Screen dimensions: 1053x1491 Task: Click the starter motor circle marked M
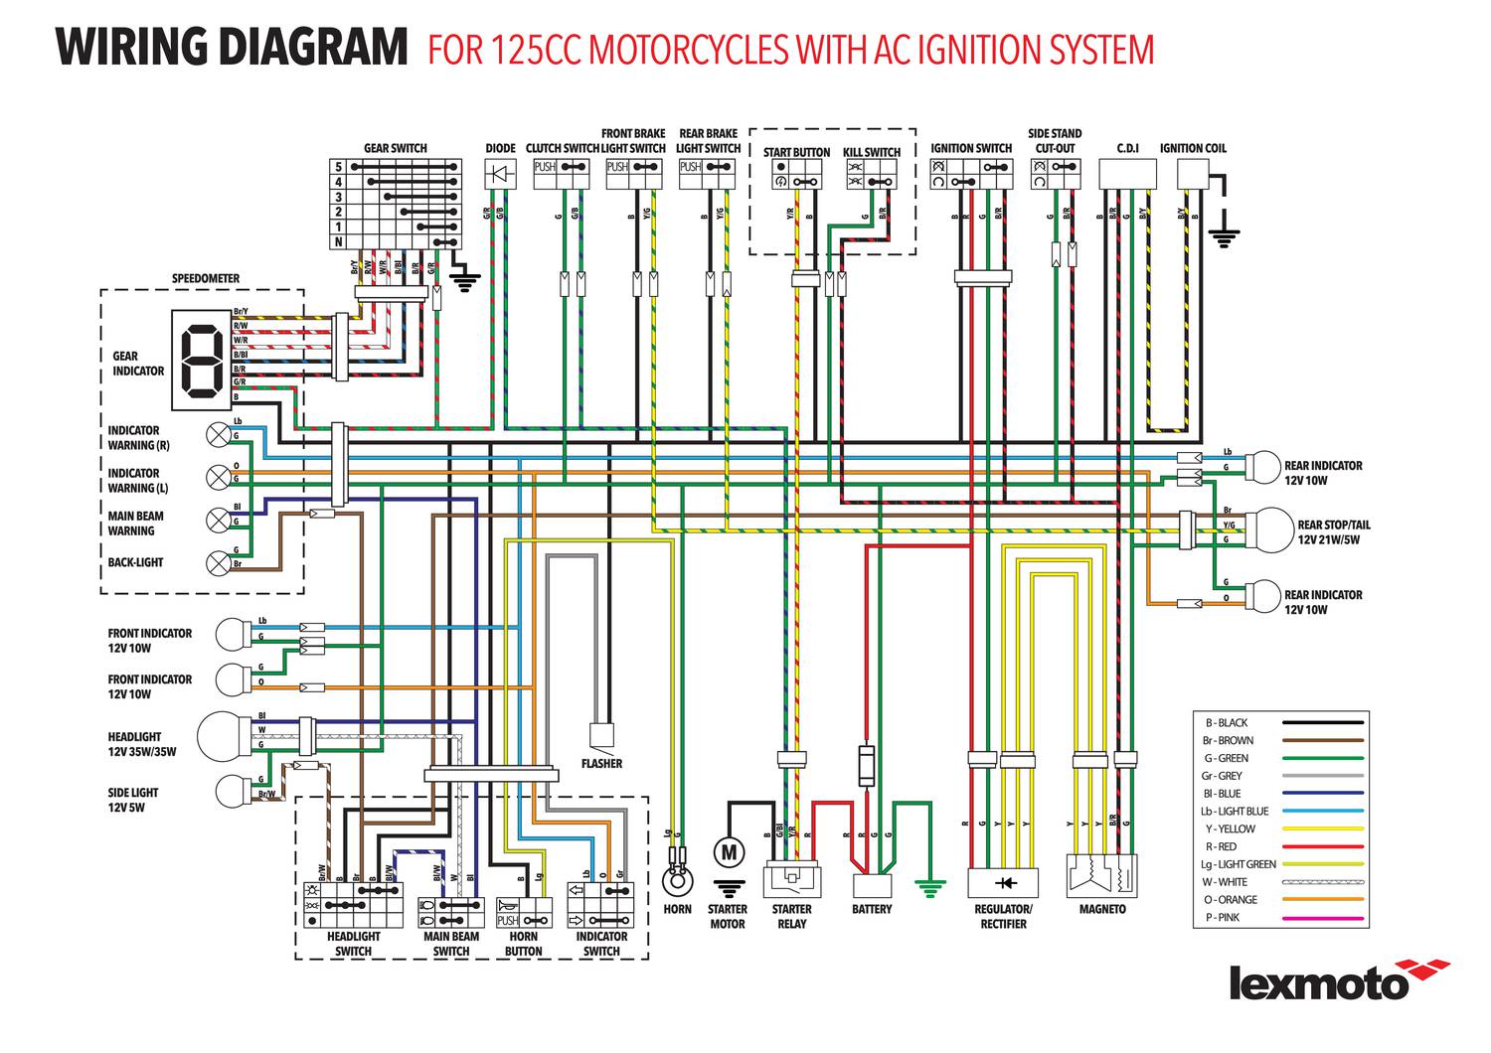(730, 851)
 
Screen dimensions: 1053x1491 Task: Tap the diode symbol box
(501, 174)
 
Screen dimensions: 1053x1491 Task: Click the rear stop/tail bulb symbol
(1268, 526)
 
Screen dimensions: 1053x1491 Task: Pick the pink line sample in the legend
(1322, 918)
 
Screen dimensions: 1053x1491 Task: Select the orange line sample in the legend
(1322, 900)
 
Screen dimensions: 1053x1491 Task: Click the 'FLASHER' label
(601, 764)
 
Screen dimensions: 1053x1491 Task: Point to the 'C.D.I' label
(1127, 149)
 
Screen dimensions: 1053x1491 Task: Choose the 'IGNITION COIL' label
(1193, 149)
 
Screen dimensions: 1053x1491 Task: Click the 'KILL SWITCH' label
(872, 153)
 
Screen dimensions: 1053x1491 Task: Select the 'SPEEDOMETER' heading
(206, 279)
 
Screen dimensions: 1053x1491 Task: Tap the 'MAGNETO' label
(1102, 910)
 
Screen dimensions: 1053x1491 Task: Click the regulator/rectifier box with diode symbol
(1004, 882)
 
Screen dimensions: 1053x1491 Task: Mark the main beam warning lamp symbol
(218, 520)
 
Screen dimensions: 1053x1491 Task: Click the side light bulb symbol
(233, 792)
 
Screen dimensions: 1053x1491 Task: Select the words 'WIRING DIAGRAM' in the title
(232, 48)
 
